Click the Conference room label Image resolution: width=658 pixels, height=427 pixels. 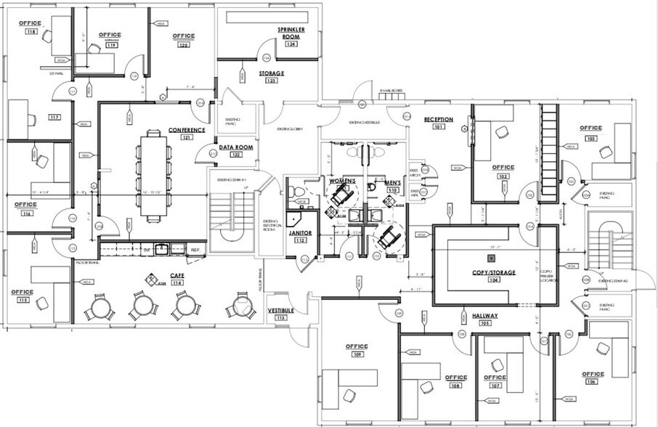coord(187,129)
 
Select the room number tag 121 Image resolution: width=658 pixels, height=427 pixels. coord(187,137)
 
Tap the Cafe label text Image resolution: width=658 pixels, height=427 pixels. coord(176,275)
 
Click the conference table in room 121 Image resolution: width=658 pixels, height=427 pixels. coord(153,174)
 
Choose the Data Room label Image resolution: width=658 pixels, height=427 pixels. coord(235,147)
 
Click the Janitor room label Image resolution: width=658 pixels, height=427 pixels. coord(301,233)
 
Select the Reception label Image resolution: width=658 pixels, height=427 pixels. coord(439,119)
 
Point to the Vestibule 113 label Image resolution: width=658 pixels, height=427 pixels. coord(280,310)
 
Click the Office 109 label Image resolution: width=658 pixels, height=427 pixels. coord(357,346)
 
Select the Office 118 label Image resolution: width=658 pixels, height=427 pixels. coord(31,24)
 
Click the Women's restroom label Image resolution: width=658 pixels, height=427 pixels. coord(341,180)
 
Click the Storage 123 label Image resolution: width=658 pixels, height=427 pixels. coord(271,73)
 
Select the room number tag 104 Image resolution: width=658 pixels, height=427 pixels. coord(475,280)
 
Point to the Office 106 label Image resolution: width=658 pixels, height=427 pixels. coord(593,374)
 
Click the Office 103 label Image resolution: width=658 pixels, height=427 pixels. coord(590,129)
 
